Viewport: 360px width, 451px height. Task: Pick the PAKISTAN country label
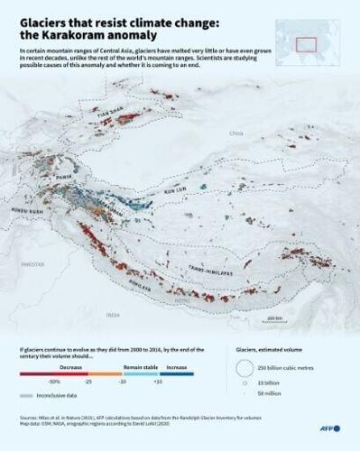(32, 262)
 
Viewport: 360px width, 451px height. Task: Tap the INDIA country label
(112, 315)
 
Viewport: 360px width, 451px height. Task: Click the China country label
(236, 133)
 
